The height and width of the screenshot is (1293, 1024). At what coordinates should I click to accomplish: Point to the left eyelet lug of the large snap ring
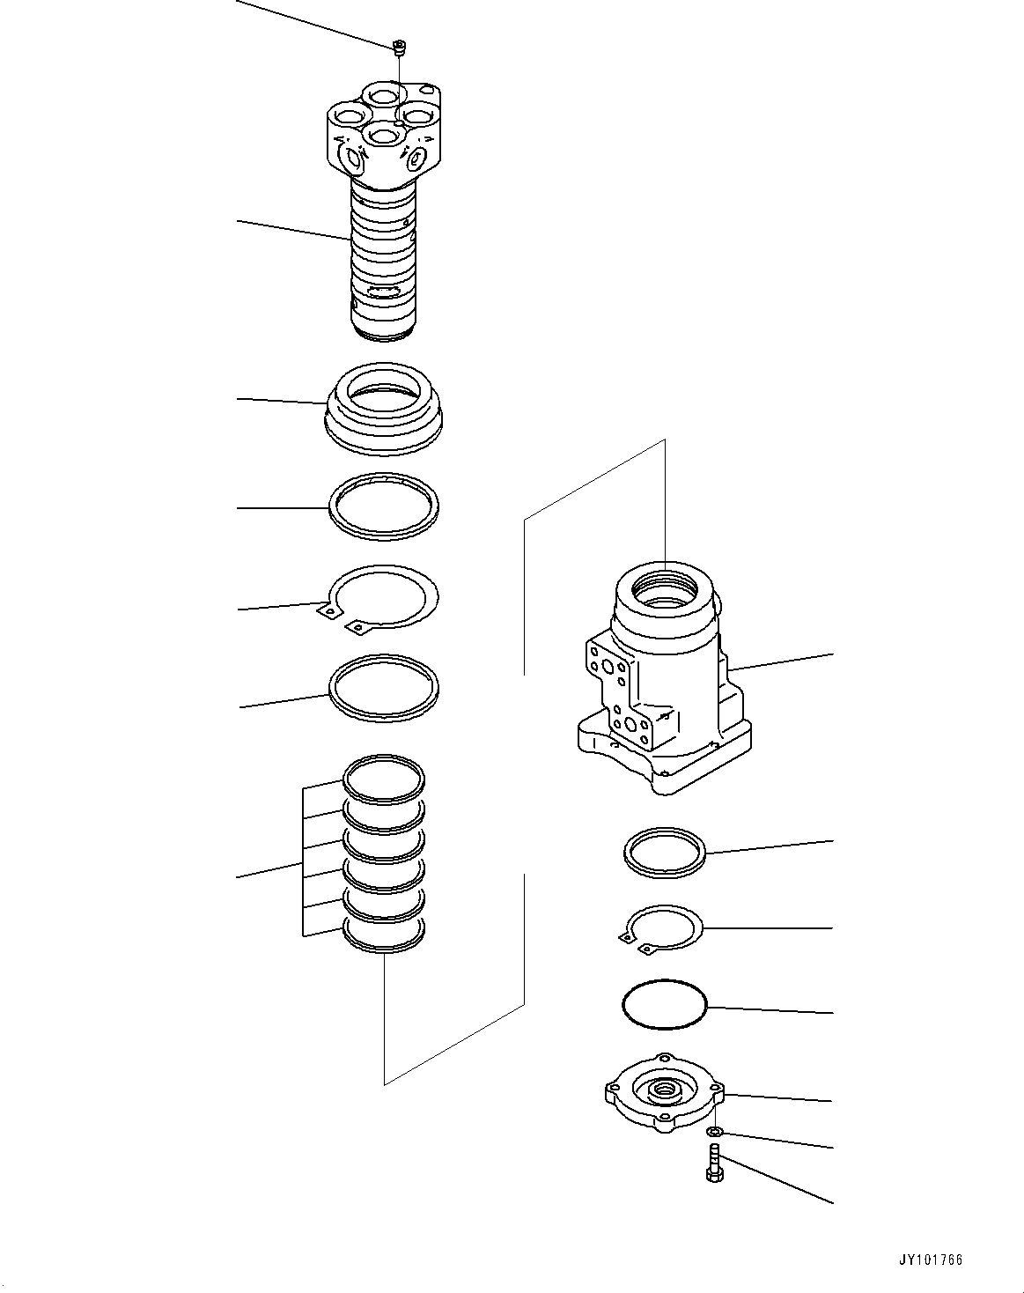(x=327, y=610)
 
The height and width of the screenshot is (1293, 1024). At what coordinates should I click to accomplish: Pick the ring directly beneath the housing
(x=665, y=853)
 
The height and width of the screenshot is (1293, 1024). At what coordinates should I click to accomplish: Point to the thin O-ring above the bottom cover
(x=665, y=1004)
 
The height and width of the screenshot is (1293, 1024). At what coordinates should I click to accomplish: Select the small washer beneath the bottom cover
(x=717, y=1132)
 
